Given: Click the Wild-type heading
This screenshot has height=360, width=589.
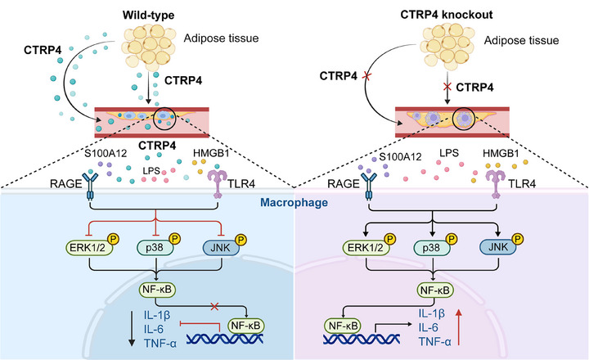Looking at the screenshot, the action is pos(148,16).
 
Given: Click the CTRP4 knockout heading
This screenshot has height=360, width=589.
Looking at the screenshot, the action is pos(447,15).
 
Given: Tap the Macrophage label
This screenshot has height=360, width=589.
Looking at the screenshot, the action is pos(294,203).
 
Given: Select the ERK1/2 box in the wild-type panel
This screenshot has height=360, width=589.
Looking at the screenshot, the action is pos(89,248).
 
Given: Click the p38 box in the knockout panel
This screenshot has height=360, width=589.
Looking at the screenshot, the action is pos(431,248).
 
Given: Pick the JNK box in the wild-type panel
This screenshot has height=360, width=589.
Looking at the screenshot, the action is pos(221,248).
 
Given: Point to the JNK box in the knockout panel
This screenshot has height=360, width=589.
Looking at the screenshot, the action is pos(498,247).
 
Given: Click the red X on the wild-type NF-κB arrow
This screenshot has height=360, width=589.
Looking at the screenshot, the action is pos(214,306).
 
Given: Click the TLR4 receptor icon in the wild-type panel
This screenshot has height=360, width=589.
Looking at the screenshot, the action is pos(218,183).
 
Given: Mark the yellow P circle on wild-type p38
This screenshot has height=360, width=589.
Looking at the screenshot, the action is pos(174,239).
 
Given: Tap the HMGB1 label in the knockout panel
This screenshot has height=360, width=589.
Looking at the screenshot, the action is pos(501,153).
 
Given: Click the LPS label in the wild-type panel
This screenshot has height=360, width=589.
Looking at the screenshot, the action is pos(151,171).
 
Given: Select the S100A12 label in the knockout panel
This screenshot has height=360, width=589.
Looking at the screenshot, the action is pos(400,156).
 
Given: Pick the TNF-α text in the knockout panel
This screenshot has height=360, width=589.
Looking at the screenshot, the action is pos(435,341).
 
